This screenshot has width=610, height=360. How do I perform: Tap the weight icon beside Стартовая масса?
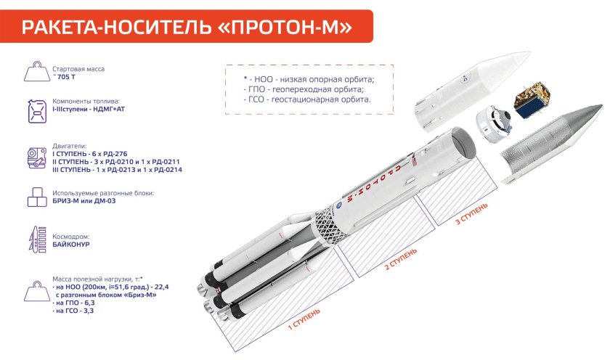click(33, 73)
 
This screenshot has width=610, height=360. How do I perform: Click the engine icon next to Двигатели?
click(33, 158)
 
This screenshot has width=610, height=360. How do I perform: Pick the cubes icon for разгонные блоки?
click(33, 197)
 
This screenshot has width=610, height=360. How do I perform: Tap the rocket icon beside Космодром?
click(33, 240)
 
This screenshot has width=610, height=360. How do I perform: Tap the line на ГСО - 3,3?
click(74, 311)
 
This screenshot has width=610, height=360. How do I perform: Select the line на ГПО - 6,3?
click(74, 303)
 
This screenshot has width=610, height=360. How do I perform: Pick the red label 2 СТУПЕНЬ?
click(401, 258)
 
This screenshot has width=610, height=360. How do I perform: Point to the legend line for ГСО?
click(309, 98)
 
